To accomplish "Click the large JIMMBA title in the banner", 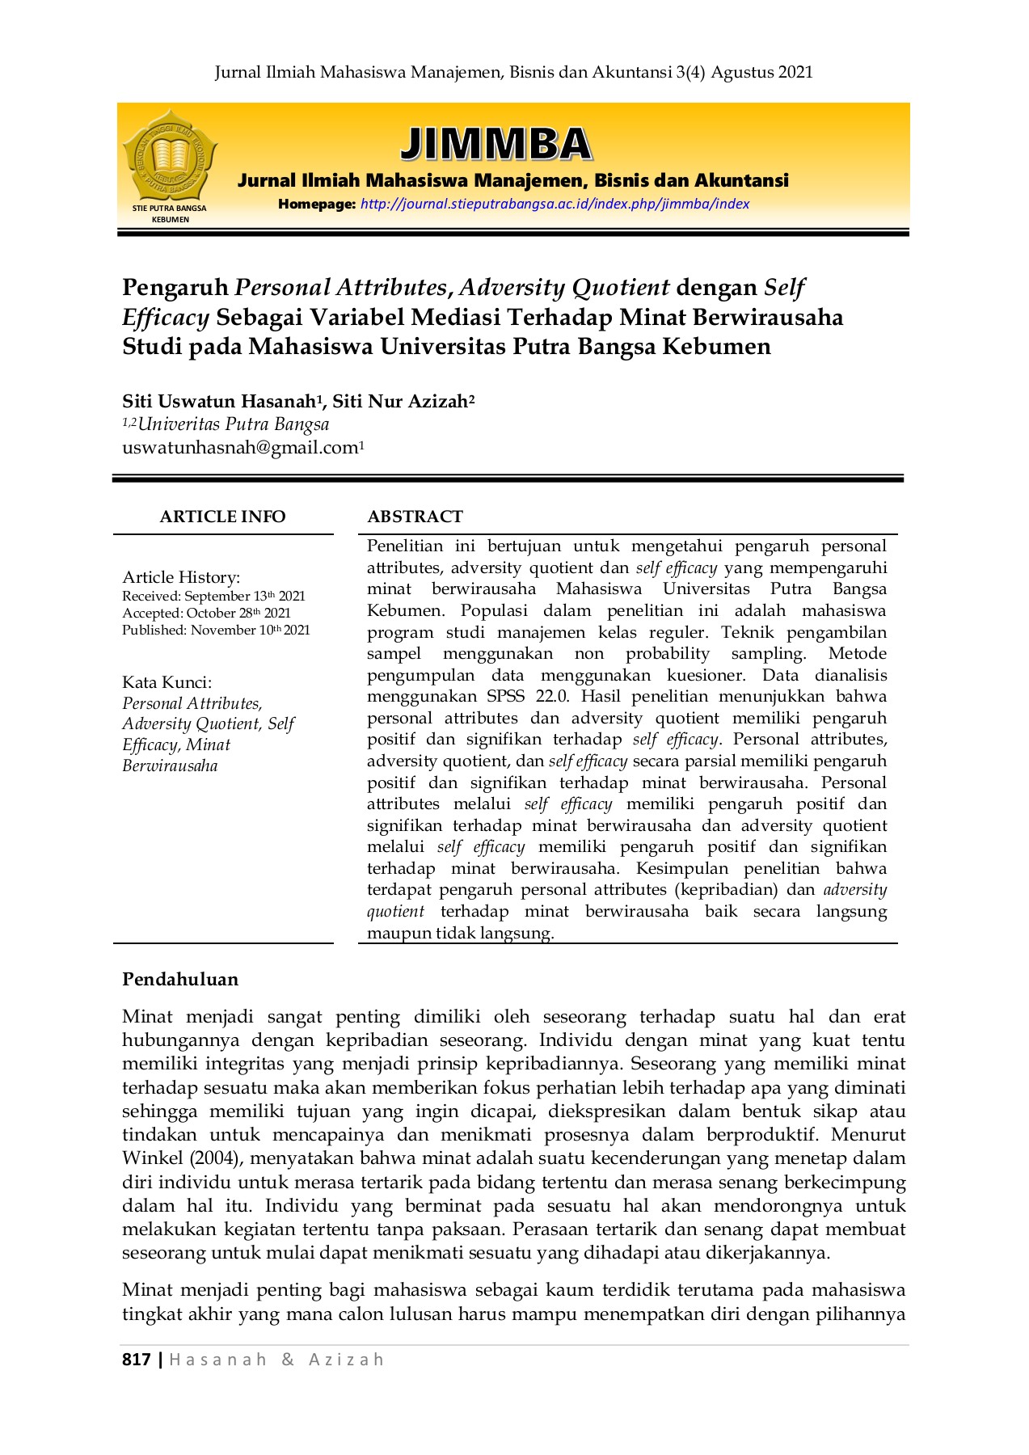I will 496,144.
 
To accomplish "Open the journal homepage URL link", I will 555,204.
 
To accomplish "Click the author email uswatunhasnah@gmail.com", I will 240,448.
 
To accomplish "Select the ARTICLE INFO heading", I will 222,517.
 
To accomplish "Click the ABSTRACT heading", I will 415,517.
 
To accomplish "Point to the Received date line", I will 213,596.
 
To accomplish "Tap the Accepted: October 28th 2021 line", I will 206,613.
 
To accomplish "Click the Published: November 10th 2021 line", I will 216,630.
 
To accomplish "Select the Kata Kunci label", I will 167,681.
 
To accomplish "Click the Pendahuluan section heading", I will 180,979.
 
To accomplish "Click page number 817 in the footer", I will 136,1359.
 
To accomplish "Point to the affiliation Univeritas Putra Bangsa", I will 233,424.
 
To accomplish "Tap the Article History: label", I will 181,576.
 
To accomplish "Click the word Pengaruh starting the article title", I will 175,288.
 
